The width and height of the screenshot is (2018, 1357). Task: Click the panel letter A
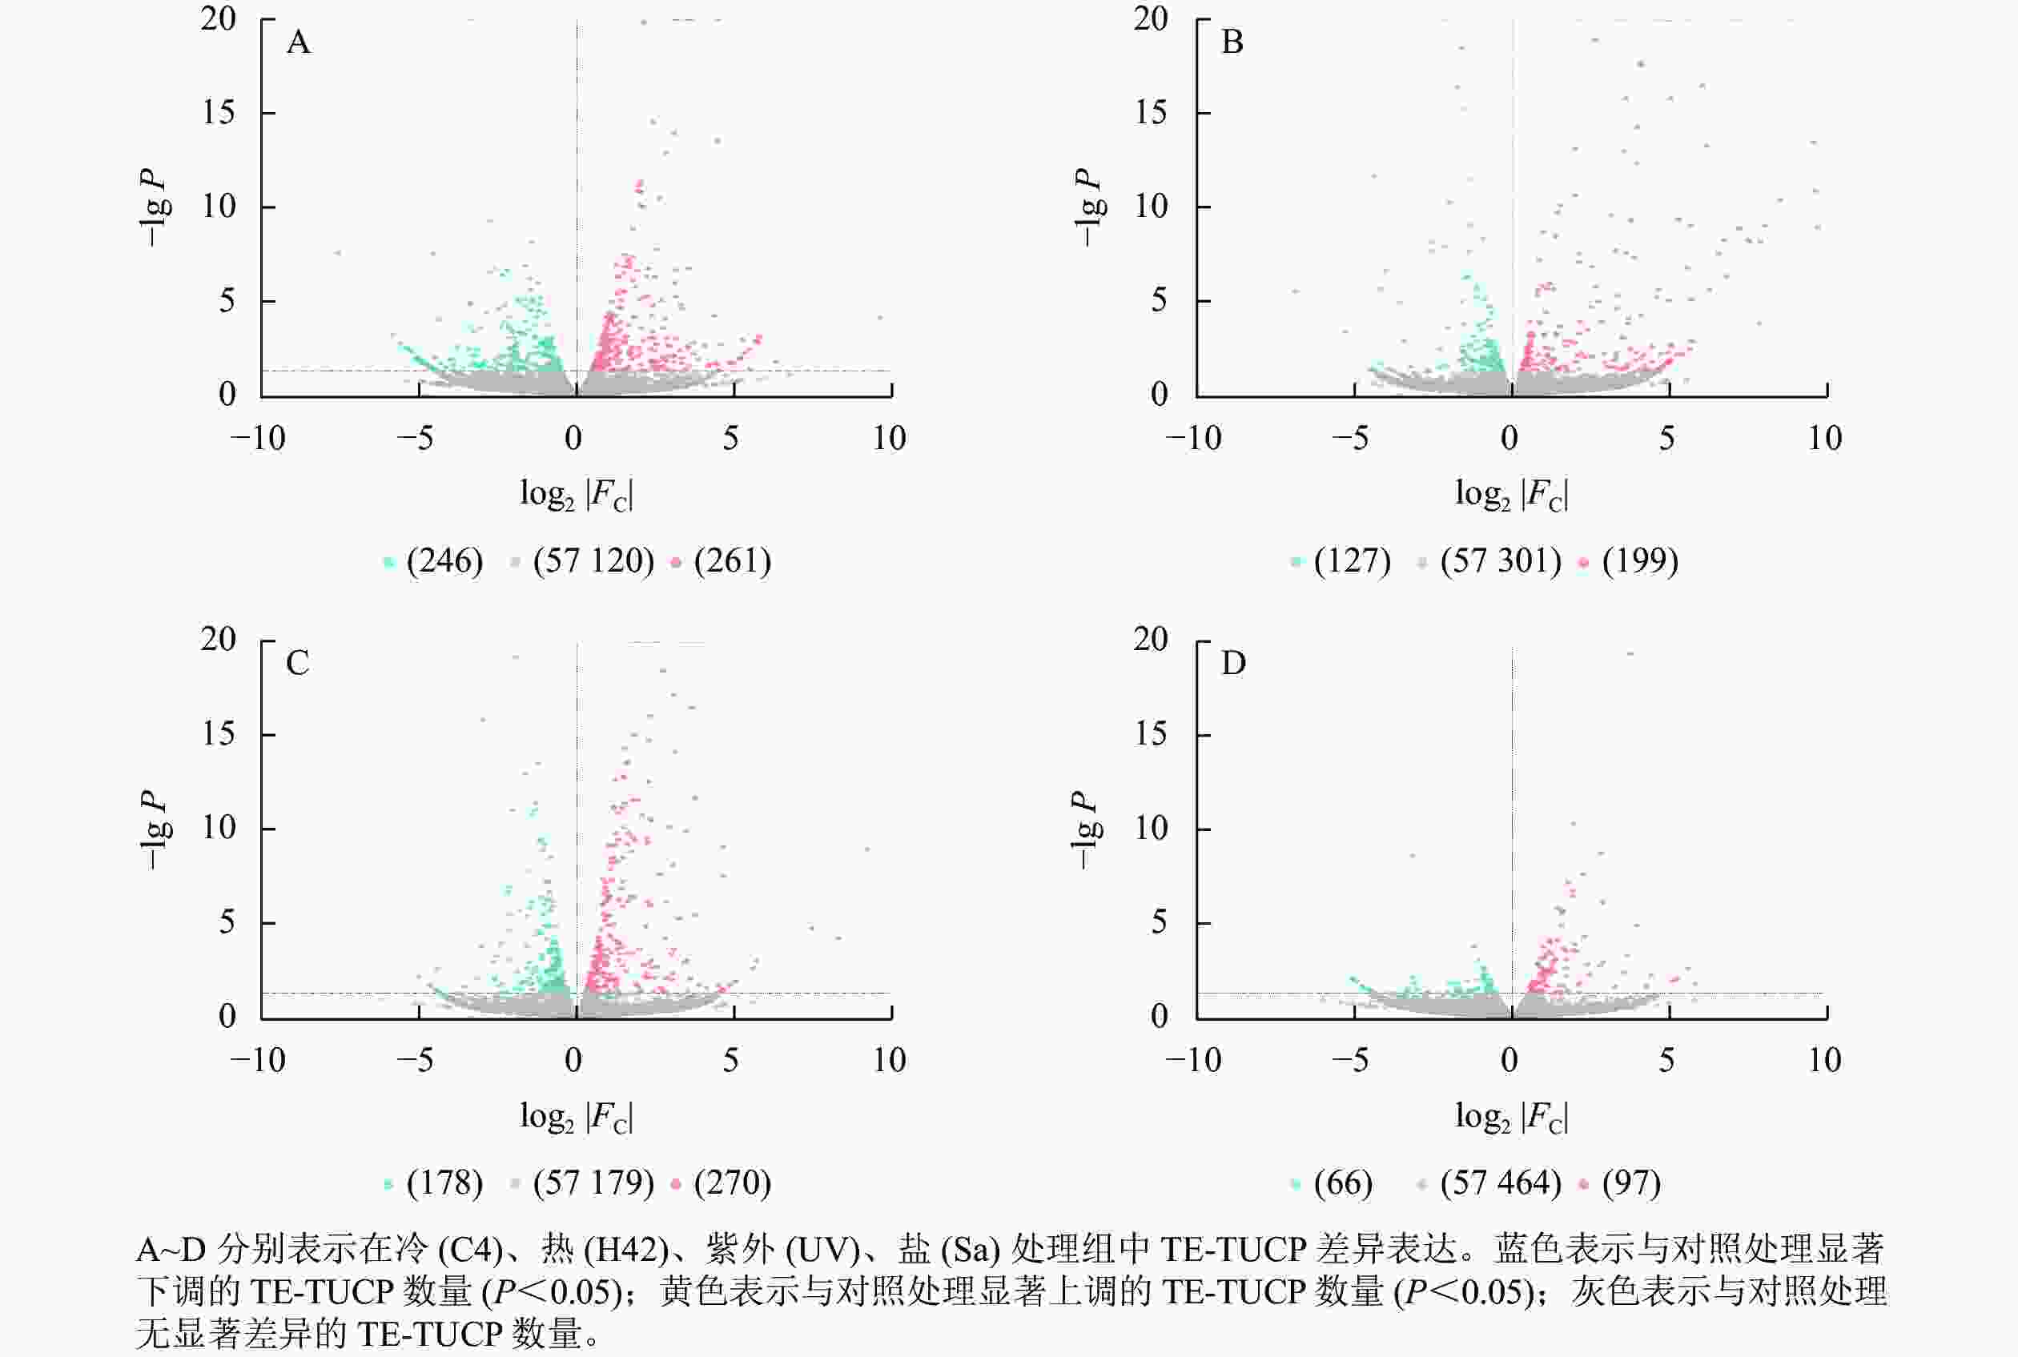pyautogui.click(x=299, y=42)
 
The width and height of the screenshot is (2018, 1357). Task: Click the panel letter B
pyautogui.click(x=1232, y=42)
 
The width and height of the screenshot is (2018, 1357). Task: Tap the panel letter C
pyautogui.click(x=298, y=664)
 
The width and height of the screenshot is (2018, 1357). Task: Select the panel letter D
pyautogui.click(x=1232, y=664)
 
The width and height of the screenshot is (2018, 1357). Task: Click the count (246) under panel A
pyautogui.click(x=444, y=560)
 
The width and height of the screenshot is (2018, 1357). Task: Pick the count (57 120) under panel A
pyautogui.click(x=593, y=560)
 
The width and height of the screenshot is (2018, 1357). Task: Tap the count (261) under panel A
pyautogui.click(x=733, y=560)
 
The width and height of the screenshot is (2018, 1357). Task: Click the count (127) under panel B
pyautogui.click(x=1353, y=560)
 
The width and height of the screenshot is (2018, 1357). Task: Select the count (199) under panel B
pyautogui.click(x=1640, y=560)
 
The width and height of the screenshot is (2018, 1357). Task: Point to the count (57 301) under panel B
pyautogui.click(x=1501, y=560)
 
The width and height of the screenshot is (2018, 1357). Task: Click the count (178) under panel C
pyautogui.click(x=444, y=1183)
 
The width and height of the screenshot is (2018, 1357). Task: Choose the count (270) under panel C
pyautogui.click(x=733, y=1183)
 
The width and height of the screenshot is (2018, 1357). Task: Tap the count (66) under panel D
pyautogui.click(x=1343, y=1183)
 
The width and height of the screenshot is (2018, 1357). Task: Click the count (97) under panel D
pyautogui.click(x=1631, y=1183)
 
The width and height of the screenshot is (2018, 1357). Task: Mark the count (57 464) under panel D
pyautogui.click(x=1501, y=1183)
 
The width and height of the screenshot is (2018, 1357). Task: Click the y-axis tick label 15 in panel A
pyautogui.click(x=219, y=113)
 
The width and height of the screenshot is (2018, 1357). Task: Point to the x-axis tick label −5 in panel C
pyautogui.click(x=416, y=1060)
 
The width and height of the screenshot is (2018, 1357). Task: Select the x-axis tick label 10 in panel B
pyautogui.click(x=1824, y=439)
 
